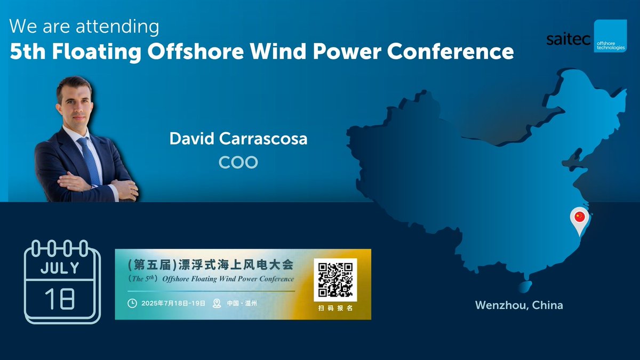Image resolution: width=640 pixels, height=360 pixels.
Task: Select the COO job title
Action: point(238,162)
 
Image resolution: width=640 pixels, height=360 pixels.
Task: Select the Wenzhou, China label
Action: point(518,306)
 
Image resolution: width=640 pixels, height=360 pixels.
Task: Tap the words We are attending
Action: point(84,26)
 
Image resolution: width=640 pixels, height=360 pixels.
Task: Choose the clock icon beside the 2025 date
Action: point(132,303)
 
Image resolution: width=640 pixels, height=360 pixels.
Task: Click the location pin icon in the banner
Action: point(217,303)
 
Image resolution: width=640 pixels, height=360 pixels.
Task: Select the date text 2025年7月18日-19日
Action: point(173,303)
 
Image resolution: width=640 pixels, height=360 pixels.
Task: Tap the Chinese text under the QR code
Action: point(335,309)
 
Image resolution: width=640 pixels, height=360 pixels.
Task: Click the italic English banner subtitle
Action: point(211,279)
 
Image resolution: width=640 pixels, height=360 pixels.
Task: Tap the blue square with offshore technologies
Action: point(610,36)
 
